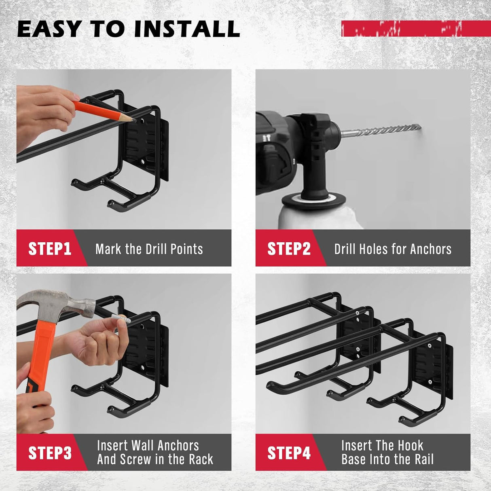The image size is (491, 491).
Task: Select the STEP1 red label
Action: click(x=49, y=248)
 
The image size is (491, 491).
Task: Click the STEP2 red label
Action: click(x=288, y=248)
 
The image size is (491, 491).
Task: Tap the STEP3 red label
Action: click(x=49, y=453)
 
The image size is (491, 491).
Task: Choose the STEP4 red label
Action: click(x=288, y=453)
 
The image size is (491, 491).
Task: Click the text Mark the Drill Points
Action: click(x=149, y=249)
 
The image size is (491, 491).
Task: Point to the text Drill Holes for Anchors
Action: click(x=392, y=249)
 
